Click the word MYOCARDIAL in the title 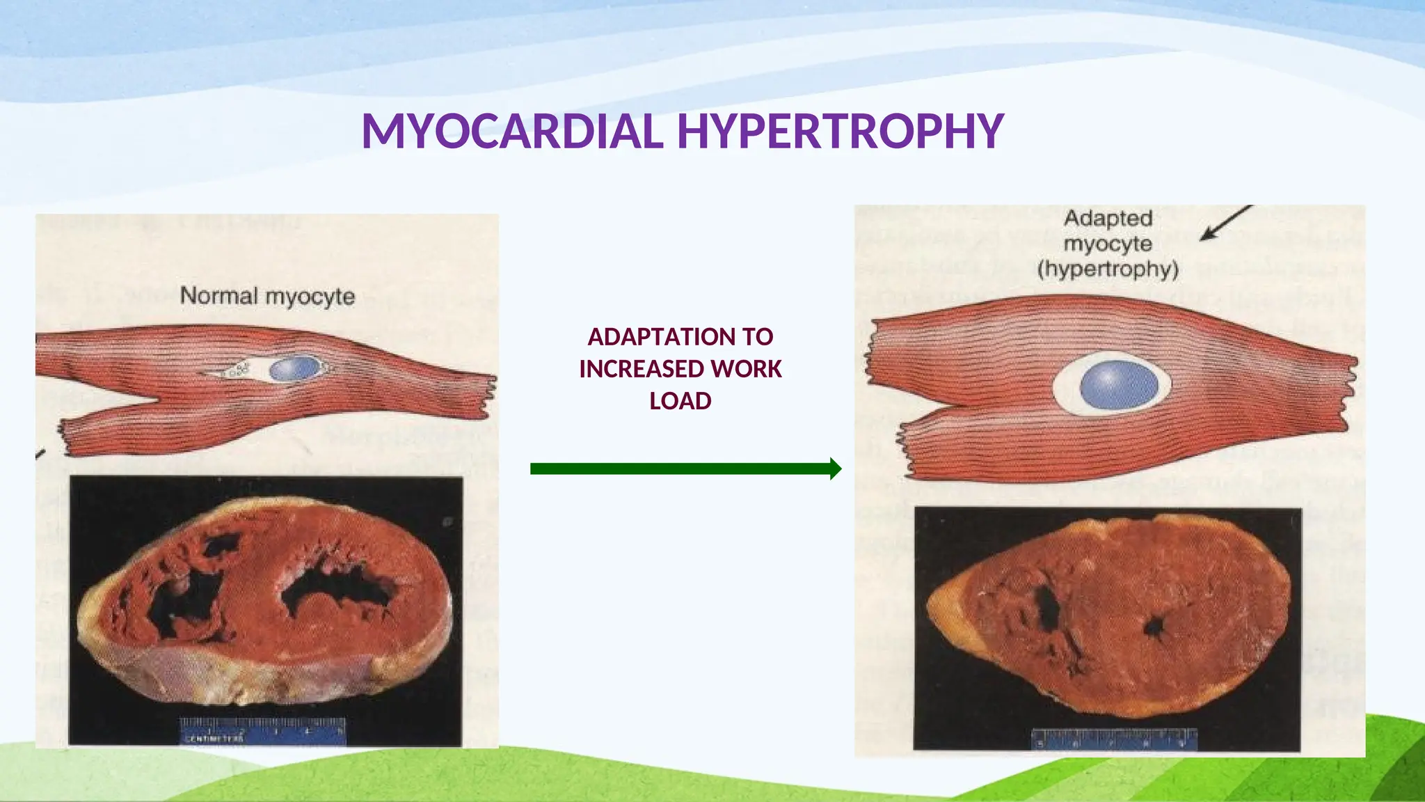pyautogui.click(x=512, y=131)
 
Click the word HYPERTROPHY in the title pyautogui.click(x=841, y=131)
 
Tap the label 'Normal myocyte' pyautogui.click(x=267, y=296)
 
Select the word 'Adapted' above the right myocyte pyautogui.click(x=1108, y=218)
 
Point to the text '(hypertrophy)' pyautogui.click(x=1108, y=269)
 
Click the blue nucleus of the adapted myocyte pyautogui.click(x=1119, y=384)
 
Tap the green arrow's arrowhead pyautogui.click(x=834, y=469)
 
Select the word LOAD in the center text pyautogui.click(x=680, y=401)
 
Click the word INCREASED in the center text pyautogui.click(x=641, y=369)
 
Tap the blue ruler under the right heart pyautogui.click(x=1114, y=739)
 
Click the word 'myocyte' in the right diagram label pyautogui.click(x=1108, y=244)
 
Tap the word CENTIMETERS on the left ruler pyautogui.click(x=214, y=739)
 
